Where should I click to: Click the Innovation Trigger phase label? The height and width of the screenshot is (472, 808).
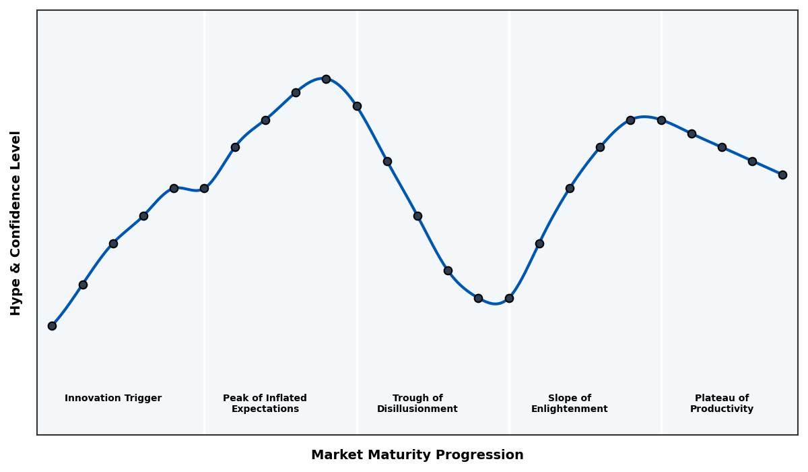(113, 399)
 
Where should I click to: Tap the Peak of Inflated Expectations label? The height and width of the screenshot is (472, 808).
(265, 403)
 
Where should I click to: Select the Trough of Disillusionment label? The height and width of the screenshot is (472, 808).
(417, 403)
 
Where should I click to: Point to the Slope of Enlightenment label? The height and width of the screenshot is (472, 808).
(569, 403)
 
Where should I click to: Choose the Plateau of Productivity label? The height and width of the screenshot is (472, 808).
(721, 403)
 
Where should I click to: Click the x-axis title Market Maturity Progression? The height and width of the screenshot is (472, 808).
(417, 455)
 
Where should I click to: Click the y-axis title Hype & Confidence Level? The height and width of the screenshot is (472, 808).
(16, 223)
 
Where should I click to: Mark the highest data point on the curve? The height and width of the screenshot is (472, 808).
(326, 79)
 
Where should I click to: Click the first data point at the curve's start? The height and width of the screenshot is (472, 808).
(52, 326)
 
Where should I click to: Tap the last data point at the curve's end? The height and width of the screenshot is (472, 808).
(782, 175)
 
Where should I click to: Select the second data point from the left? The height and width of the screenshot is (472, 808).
(83, 285)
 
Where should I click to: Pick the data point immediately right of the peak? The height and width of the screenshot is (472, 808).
(357, 106)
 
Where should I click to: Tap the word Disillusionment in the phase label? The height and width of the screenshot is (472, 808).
(417, 409)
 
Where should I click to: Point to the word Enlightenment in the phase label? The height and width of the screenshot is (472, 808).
(569, 409)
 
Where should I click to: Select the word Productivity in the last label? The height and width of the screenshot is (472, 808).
(721, 409)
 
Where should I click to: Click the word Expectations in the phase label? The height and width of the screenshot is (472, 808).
(265, 409)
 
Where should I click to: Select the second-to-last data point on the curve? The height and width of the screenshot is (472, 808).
(752, 161)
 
